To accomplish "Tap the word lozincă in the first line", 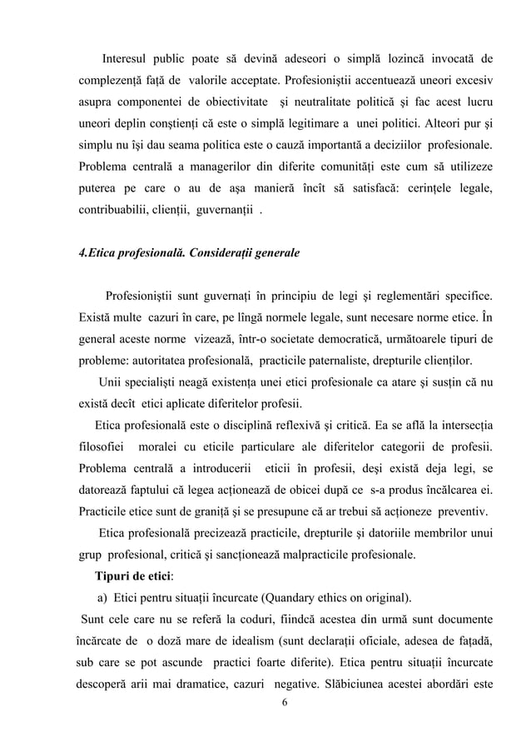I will tap(388, 59).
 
